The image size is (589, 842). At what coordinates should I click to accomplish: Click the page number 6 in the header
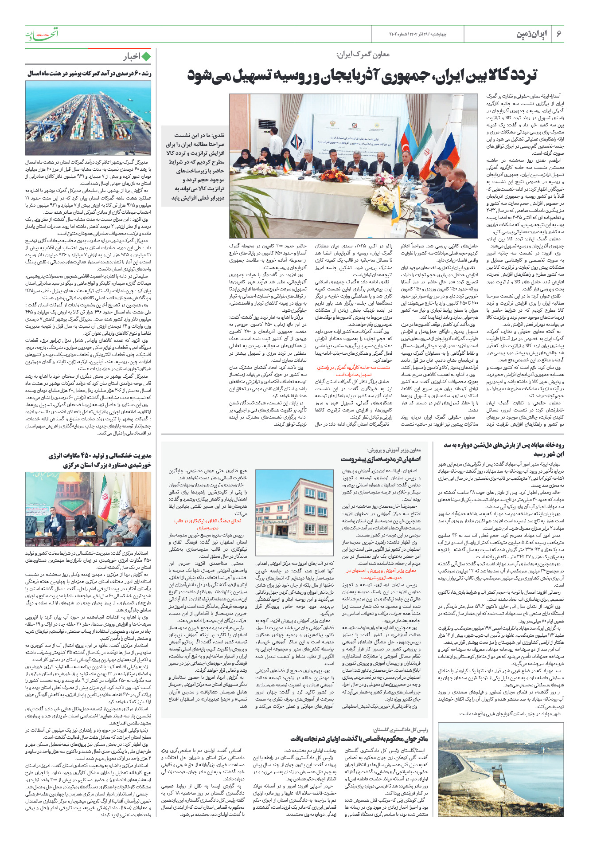click(559, 34)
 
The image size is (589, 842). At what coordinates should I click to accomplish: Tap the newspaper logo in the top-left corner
click(42, 34)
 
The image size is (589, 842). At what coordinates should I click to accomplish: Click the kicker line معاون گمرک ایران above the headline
click(363, 55)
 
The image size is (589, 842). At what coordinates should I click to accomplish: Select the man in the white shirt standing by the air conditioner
click(275, 142)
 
